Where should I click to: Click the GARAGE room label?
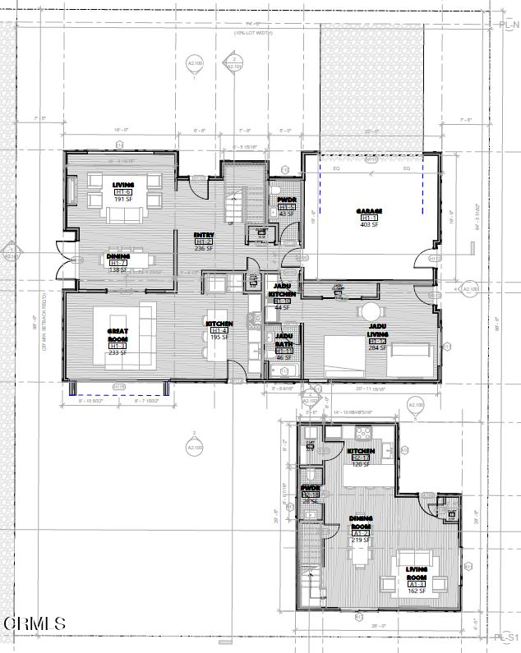point(369,211)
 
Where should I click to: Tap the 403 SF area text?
point(369,224)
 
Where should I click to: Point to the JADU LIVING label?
point(377,330)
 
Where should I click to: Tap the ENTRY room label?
point(204,235)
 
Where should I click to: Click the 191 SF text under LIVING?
point(123,199)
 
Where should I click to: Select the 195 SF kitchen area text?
point(219,337)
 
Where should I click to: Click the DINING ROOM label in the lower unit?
point(361,522)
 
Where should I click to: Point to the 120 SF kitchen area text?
point(361,464)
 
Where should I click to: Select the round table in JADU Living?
point(371,312)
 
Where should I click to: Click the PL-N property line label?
point(508,25)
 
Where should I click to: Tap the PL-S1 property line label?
point(507,637)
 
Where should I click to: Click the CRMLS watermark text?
point(35,624)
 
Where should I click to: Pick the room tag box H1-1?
point(369,218)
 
